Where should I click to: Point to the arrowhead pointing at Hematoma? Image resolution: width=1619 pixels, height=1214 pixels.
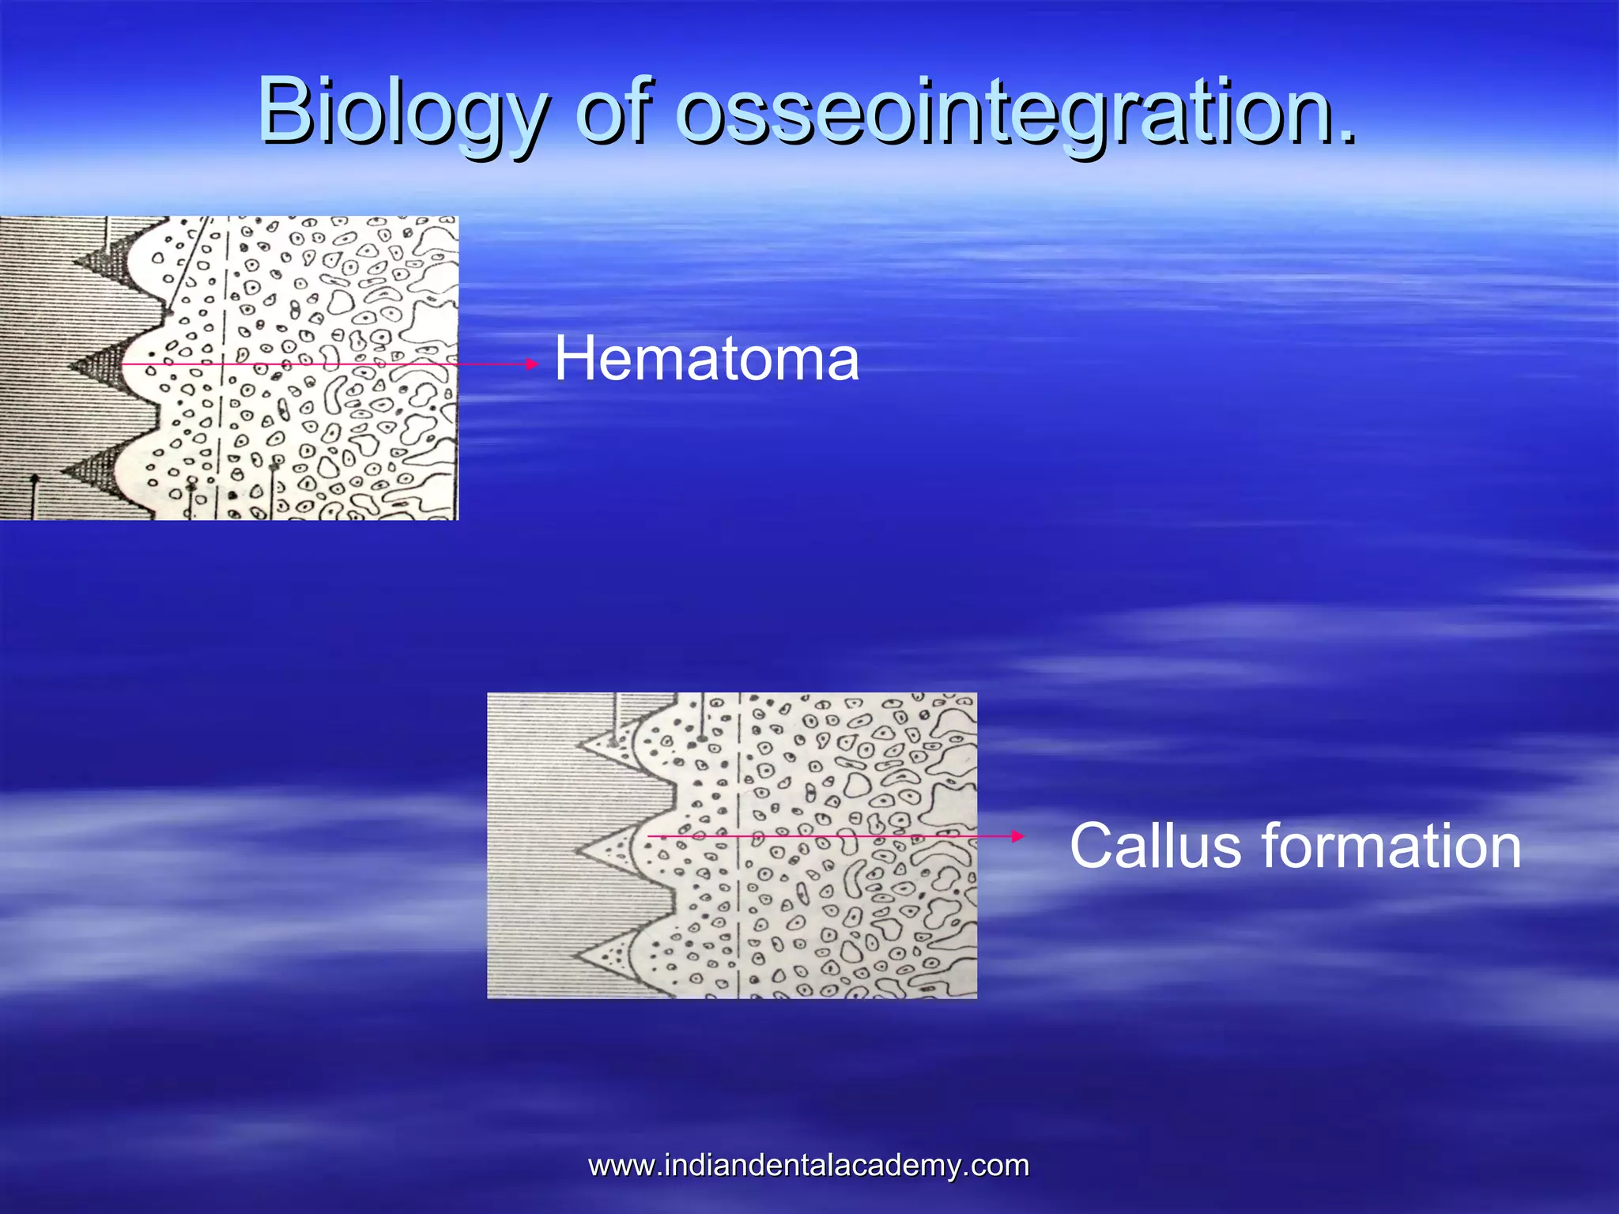coord(533,364)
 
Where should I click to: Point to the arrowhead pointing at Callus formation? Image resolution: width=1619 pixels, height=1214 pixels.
coord(1018,836)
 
